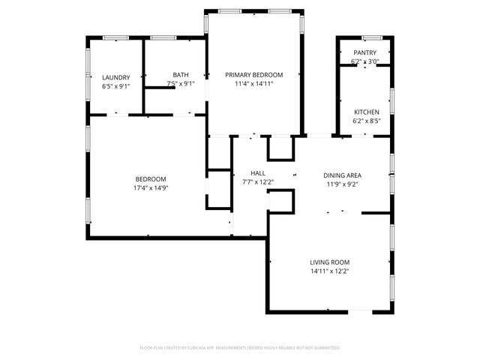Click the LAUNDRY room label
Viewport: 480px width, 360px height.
[x=116, y=77]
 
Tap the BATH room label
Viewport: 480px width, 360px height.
[x=181, y=74]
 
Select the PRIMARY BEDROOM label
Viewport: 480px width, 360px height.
[x=254, y=74]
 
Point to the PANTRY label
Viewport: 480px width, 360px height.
[x=365, y=52]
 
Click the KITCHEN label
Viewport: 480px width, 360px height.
[x=366, y=112]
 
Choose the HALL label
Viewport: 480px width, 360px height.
[x=258, y=173]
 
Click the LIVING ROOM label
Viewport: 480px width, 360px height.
[x=330, y=262]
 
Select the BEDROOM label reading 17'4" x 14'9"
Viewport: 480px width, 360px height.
[x=151, y=178]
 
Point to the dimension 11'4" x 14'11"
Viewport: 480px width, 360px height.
[x=254, y=84]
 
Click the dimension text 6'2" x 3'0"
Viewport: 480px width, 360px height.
[x=365, y=61]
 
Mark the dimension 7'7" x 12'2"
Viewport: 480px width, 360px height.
[x=258, y=182]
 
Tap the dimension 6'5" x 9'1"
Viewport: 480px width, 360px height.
[x=116, y=86]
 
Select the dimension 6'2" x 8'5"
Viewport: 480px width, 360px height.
[x=366, y=121]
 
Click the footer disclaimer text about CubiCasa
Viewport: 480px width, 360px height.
[x=240, y=348]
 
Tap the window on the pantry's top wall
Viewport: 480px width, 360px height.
[x=369, y=37]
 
